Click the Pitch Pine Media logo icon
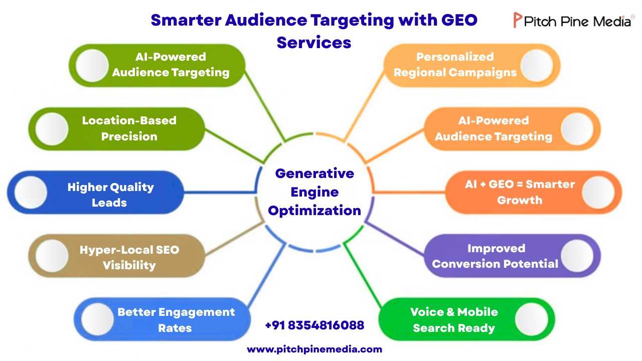(518, 21)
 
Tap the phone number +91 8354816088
(314, 325)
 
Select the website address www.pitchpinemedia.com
(314, 349)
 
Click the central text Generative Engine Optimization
(314, 192)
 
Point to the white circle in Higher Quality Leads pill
(31, 193)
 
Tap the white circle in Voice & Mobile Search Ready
(531, 319)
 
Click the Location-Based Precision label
(129, 128)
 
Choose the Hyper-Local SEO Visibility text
(129, 257)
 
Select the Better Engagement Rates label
(176, 320)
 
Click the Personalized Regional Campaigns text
(455, 65)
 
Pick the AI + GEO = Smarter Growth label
(520, 192)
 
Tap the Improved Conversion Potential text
(495, 256)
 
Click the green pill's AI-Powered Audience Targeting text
(171, 65)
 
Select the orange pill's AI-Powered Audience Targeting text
(494, 128)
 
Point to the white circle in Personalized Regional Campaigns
(537, 65)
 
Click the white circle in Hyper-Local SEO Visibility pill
(52, 256)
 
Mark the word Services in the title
(314, 42)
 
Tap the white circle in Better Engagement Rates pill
(97, 319)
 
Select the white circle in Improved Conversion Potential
(577, 256)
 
